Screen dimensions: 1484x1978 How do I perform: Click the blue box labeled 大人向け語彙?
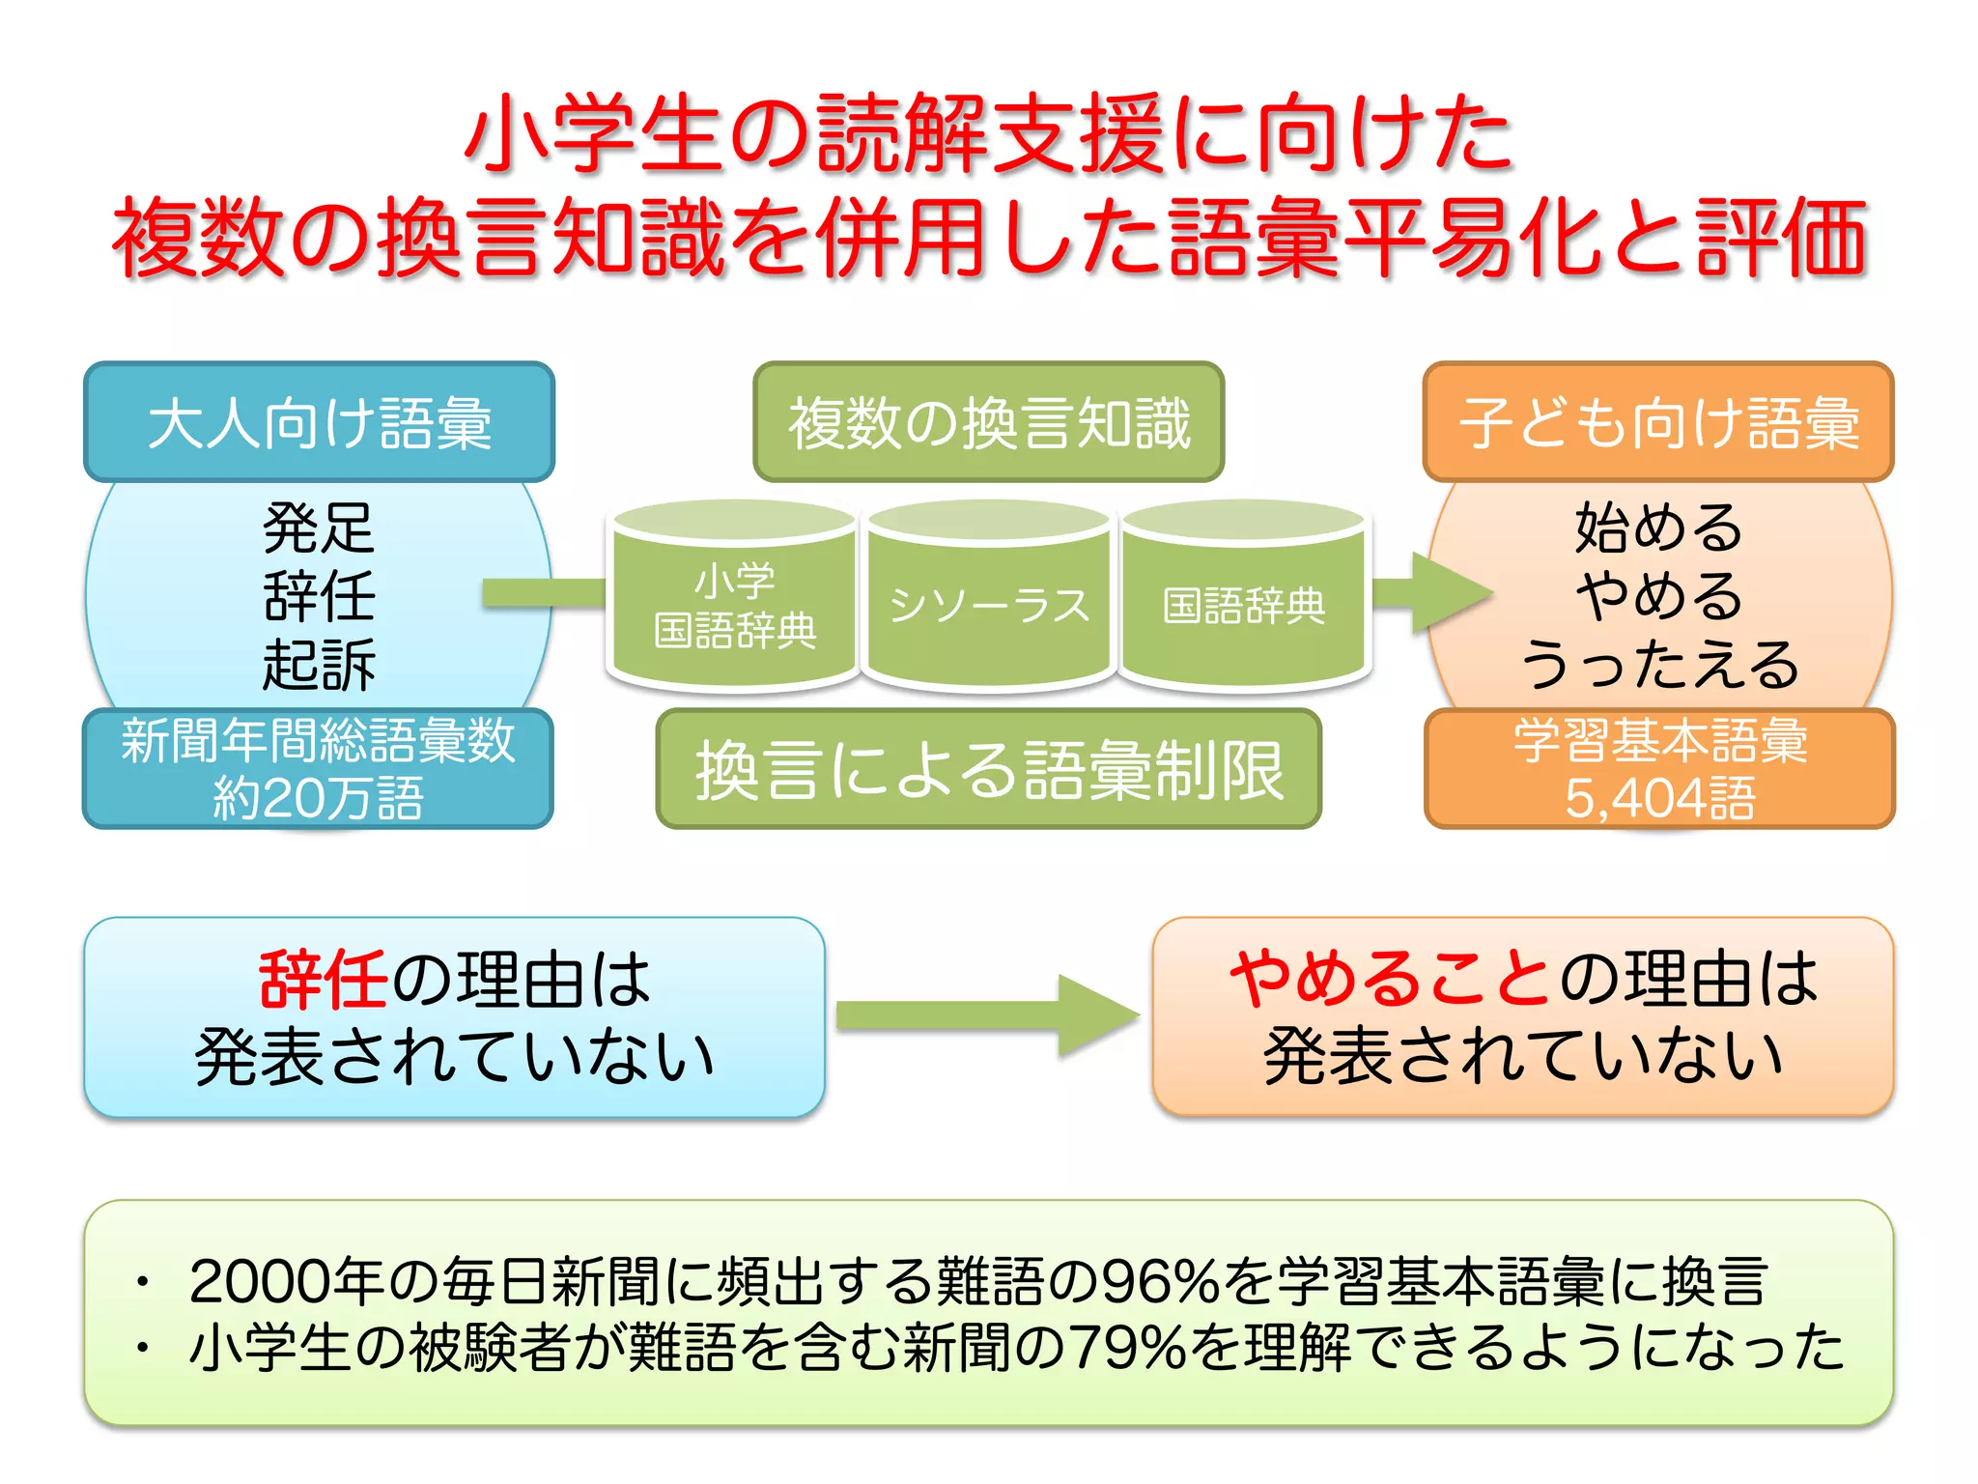[319, 422]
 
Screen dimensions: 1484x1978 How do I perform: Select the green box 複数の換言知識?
[988, 422]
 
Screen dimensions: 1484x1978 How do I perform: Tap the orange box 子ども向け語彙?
[1657, 422]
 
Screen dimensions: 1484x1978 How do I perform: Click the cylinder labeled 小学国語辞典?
[734, 606]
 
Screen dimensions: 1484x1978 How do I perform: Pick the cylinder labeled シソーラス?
[988, 606]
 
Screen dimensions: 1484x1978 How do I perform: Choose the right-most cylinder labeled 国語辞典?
[1243, 606]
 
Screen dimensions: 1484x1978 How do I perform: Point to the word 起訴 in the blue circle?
[319, 665]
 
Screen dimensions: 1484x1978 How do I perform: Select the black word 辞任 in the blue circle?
[319, 596]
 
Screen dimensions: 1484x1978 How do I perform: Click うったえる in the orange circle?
[1657, 665]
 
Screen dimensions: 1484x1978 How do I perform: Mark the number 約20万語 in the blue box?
[319, 798]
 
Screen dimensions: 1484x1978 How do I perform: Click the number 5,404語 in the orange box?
[1657, 798]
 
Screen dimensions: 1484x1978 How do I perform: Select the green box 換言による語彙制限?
[988, 770]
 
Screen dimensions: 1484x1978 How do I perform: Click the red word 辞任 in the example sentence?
[323, 979]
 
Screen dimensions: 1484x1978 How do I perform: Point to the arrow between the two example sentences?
[985, 1015]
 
